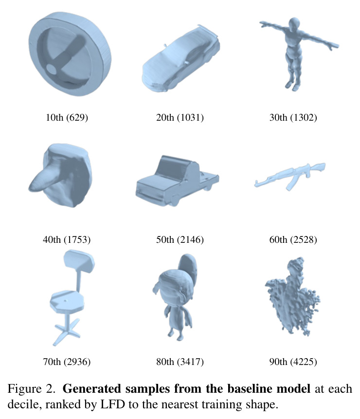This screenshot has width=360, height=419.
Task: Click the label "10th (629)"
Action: coord(67,117)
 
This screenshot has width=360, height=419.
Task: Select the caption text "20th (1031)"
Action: coord(180,117)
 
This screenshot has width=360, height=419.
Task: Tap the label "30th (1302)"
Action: coord(293,117)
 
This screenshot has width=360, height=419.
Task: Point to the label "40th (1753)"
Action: coord(67,239)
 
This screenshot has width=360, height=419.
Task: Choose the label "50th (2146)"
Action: coord(180,239)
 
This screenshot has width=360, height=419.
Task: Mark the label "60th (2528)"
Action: coord(293,239)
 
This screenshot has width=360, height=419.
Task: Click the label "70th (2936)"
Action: coord(67,362)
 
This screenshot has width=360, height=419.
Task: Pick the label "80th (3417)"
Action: coord(180,362)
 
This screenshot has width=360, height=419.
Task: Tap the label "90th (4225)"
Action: coord(293,362)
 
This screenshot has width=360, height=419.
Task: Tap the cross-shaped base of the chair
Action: coord(67,331)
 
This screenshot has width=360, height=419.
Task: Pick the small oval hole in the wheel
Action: coord(52,69)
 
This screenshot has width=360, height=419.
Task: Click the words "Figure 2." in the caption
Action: coord(32,389)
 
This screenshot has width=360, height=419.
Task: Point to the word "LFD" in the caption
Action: coord(112,404)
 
